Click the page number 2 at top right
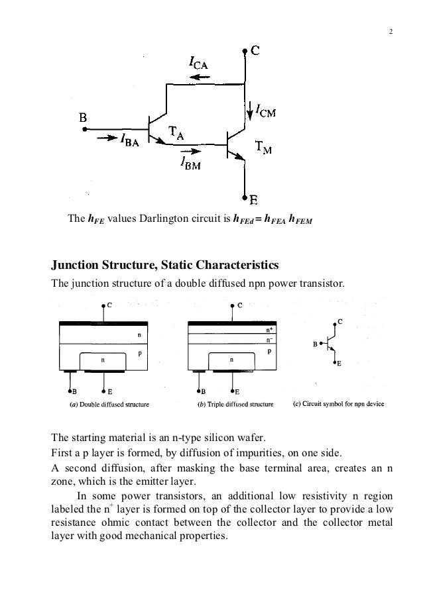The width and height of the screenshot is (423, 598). (x=391, y=34)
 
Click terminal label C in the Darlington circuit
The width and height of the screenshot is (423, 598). (x=254, y=50)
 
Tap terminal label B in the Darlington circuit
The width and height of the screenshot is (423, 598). (x=84, y=117)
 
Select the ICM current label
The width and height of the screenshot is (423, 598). (x=265, y=113)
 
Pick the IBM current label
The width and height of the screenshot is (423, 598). (x=192, y=166)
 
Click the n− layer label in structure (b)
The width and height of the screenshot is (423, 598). (x=269, y=338)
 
